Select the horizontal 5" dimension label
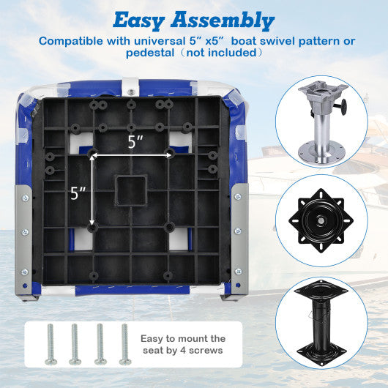pyautogui.click(x=133, y=142)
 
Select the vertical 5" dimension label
pyautogui.click(x=78, y=193)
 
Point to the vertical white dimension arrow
pyautogui.click(x=92, y=192)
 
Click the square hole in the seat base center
pyautogui.click(x=132, y=191)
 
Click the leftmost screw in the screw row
pyautogui.click(x=51, y=343)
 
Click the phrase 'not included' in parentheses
pyautogui.click(x=229, y=53)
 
